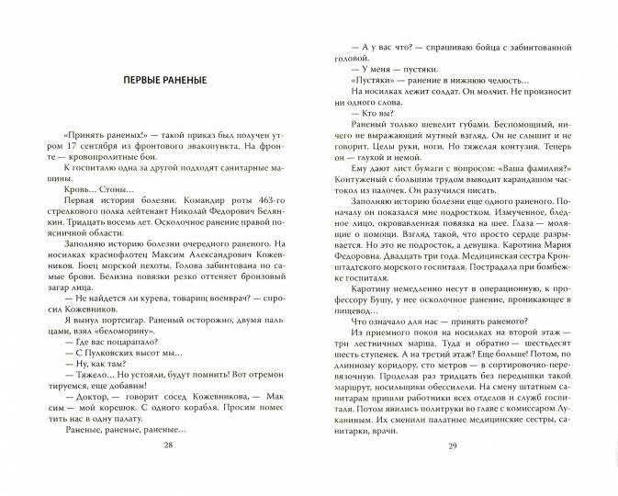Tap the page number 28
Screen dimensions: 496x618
[x=166, y=470]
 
